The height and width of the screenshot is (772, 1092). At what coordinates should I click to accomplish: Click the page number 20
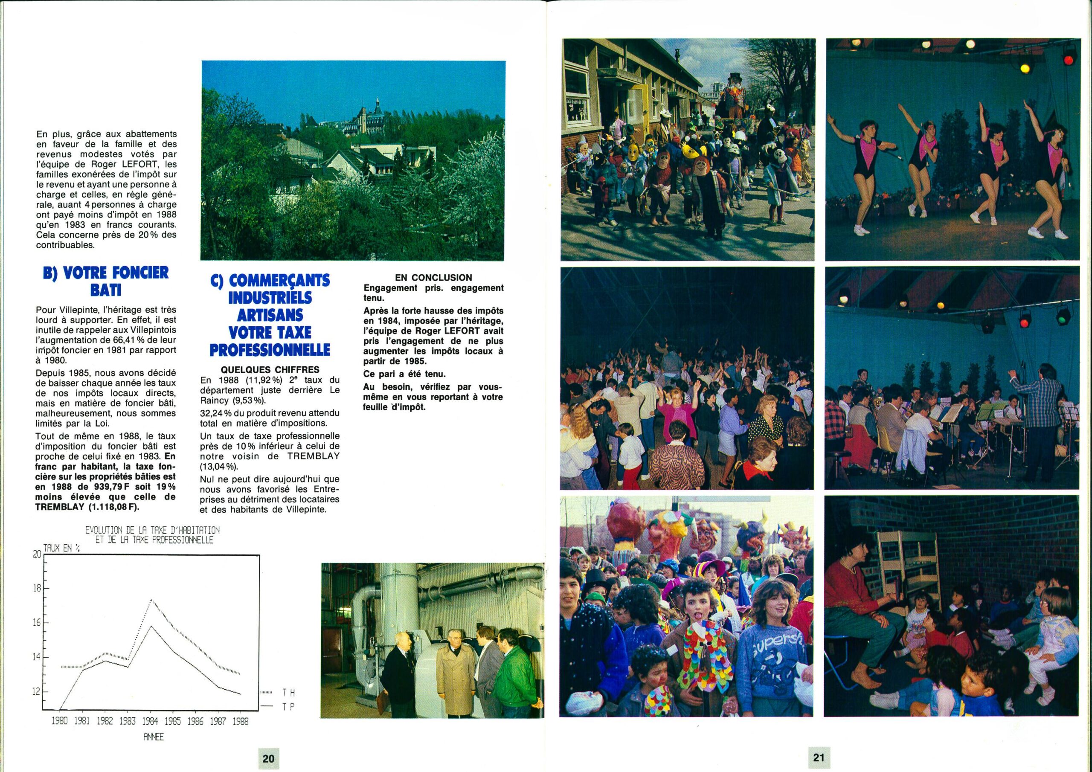[268, 758]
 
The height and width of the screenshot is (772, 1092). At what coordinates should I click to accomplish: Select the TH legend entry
[288, 693]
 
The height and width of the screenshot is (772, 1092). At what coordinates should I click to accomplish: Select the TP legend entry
[288, 707]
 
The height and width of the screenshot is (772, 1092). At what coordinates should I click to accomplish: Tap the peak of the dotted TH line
[151, 600]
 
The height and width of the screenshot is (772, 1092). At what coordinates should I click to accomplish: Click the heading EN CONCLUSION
[433, 278]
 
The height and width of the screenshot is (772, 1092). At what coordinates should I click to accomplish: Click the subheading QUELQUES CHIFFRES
[270, 370]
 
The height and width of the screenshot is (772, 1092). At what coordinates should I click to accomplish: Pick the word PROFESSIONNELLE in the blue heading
[270, 350]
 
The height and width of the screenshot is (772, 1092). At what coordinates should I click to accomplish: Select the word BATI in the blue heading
[106, 290]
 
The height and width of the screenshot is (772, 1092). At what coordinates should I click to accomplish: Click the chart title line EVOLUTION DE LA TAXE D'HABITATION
[153, 530]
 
